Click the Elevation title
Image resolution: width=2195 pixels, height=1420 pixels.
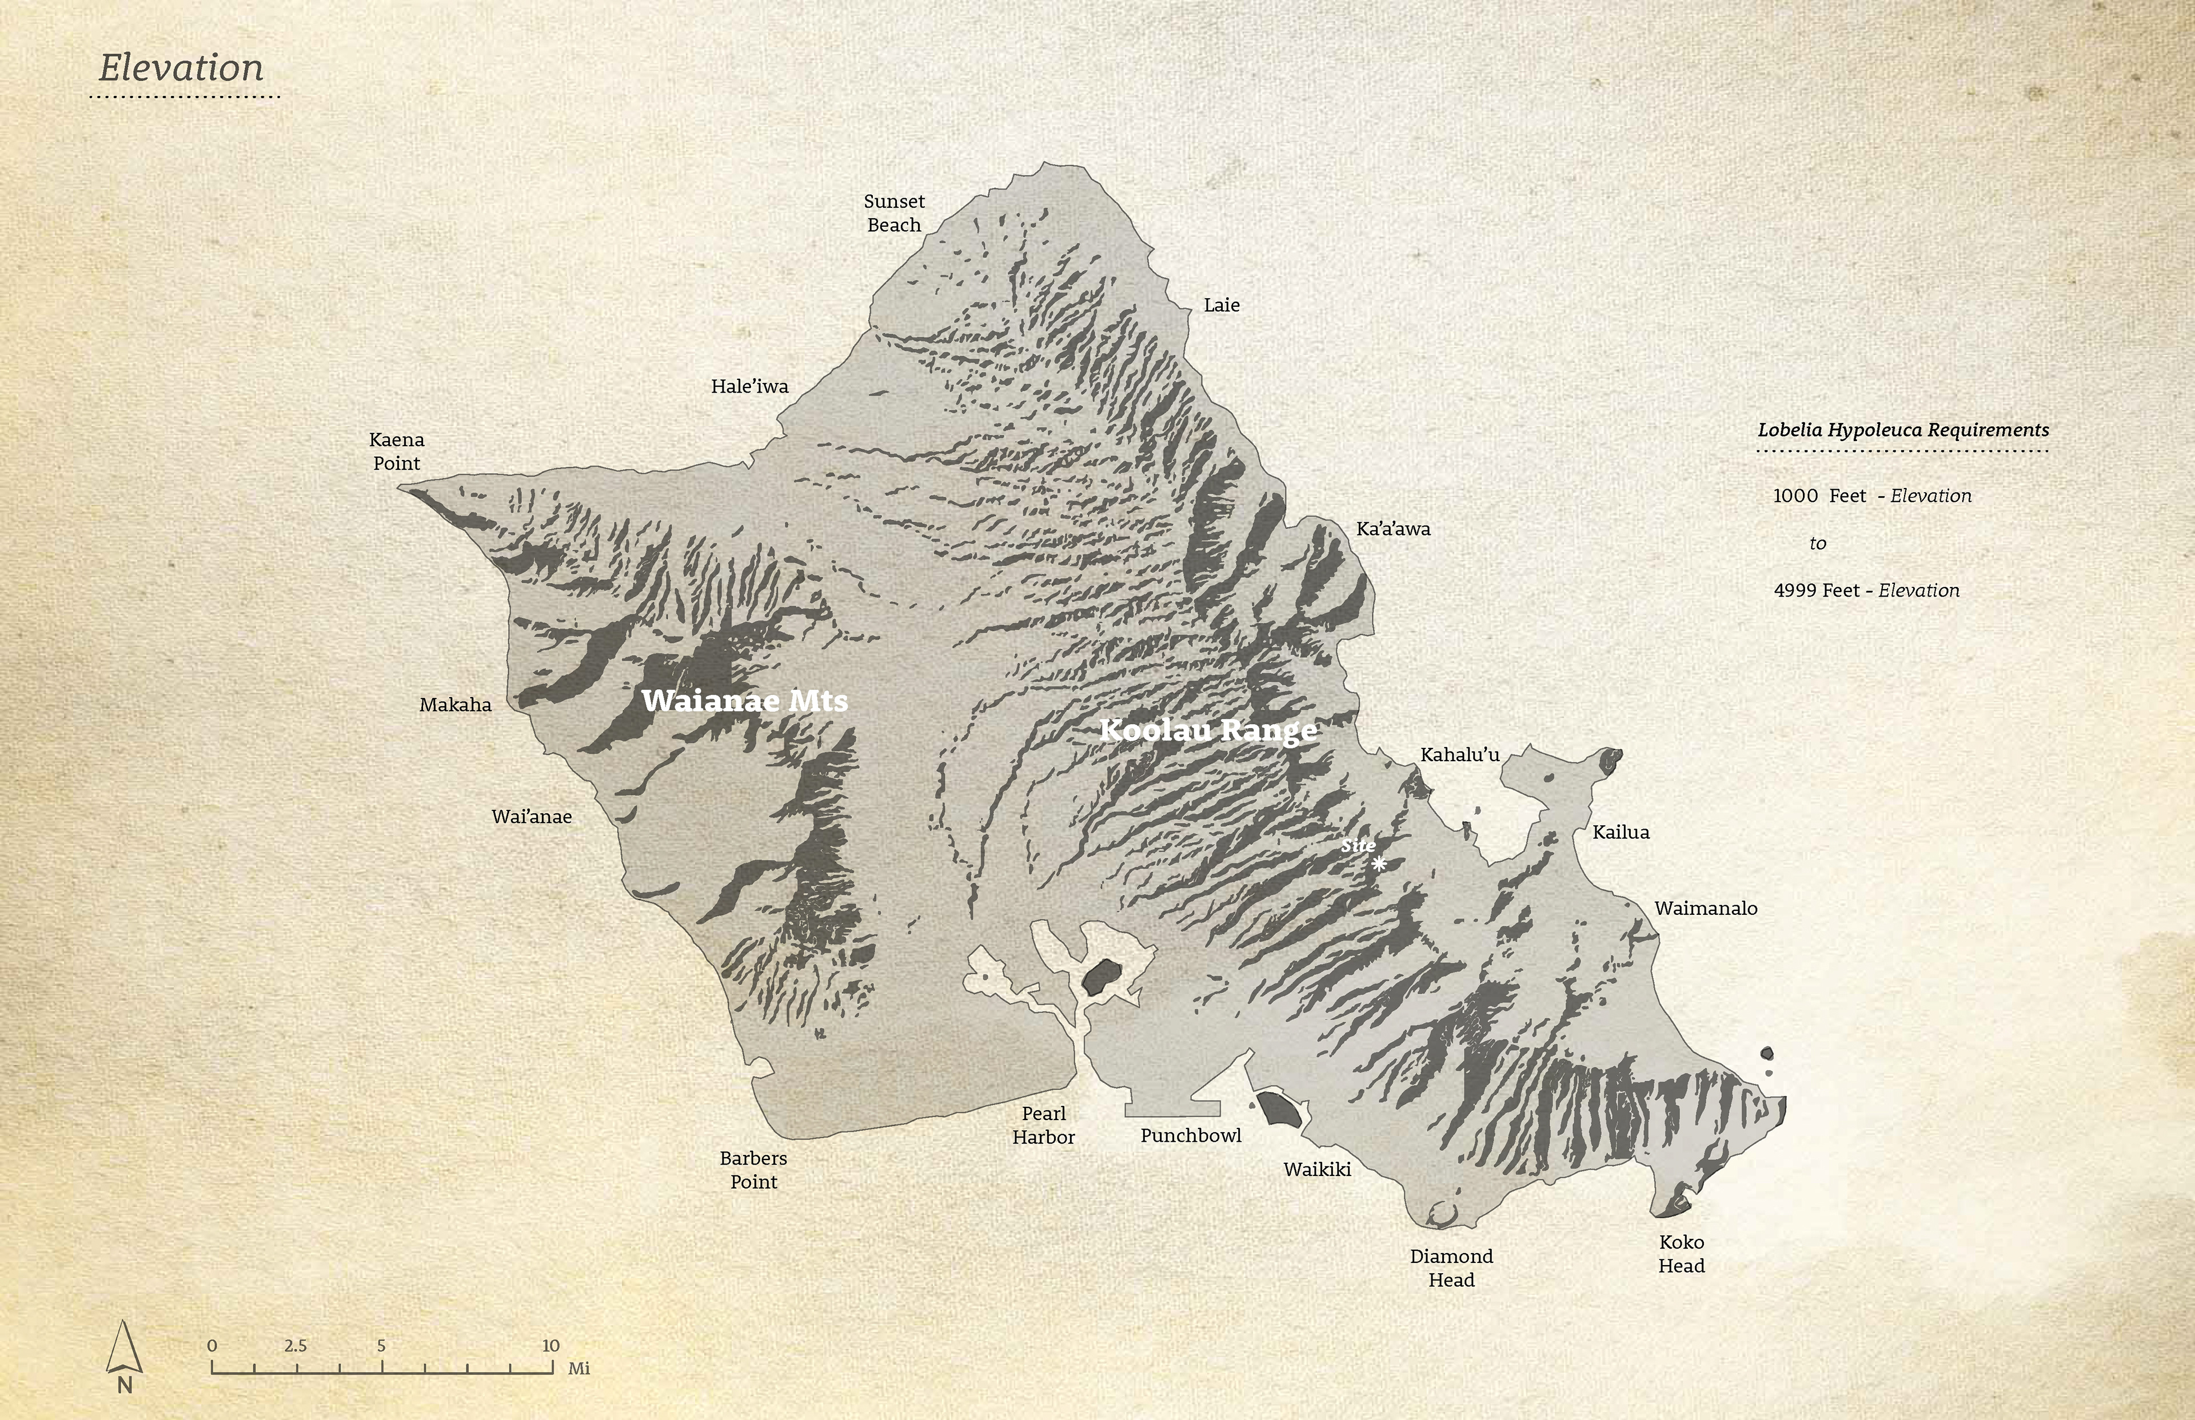tap(181, 68)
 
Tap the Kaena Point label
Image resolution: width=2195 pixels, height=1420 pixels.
tap(397, 451)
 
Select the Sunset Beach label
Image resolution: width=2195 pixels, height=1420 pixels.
tap(893, 213)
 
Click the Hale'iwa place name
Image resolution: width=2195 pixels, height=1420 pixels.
tap(749, 386)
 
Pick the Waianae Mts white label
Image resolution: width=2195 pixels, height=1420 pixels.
tap(744, 701)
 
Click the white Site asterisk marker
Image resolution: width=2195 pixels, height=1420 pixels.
tap(1378, 864)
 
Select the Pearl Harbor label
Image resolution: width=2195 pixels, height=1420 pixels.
tap(1043, 1125)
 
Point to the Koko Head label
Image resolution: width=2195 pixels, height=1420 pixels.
tap(1681, 1253)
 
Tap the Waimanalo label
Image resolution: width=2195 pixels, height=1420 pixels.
tap(1705, 908)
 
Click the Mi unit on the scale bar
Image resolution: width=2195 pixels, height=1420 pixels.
tap(578, 1369)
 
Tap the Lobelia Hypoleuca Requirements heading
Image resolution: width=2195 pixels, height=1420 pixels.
tap(1903, 430)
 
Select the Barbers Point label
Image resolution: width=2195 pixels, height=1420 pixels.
tap(753, 1169)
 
